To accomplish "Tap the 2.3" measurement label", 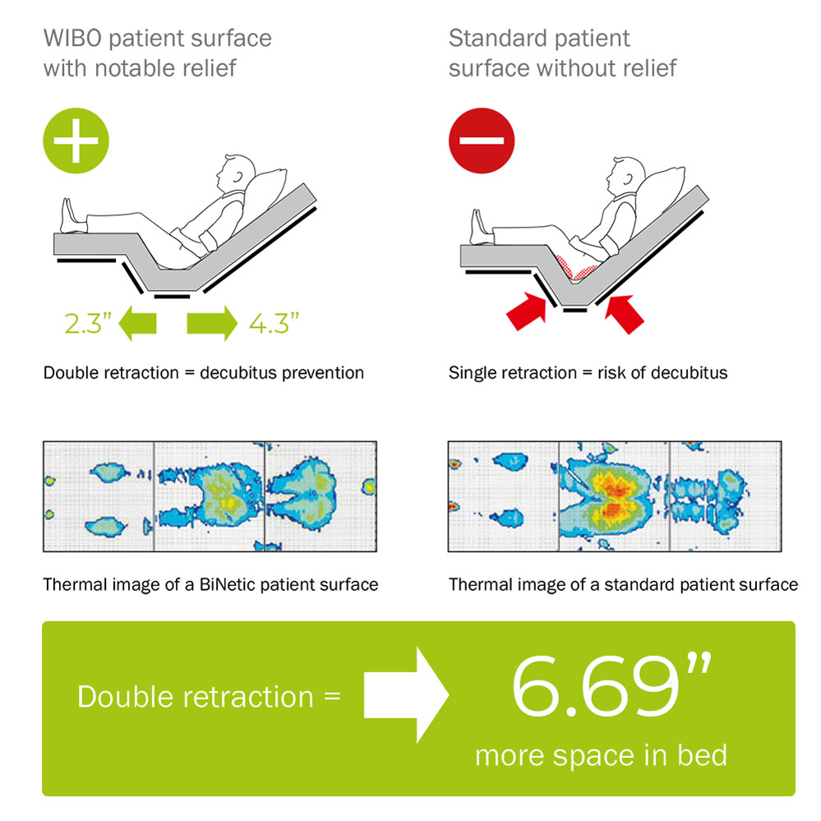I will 88,323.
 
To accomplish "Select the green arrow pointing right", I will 212,323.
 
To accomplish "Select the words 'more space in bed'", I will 601,755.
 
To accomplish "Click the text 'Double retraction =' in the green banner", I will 209,697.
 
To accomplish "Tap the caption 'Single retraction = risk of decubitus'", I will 588,373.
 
